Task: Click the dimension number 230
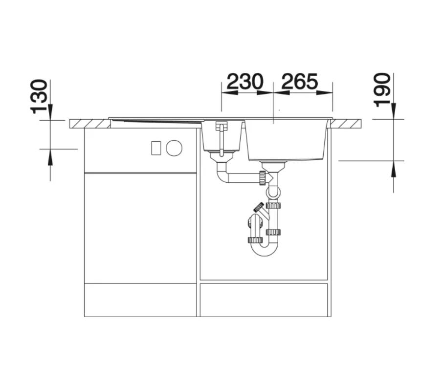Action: (x=245, y=82)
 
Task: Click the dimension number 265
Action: (x=300, y=82)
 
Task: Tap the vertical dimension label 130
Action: (x=39, y=97)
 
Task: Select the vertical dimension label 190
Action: (x=382, y=90)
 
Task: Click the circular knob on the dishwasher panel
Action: (x=174, y=148)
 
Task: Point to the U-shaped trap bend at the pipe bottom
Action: (x=264, y=249)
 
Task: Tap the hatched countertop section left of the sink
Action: (x=90, y=124)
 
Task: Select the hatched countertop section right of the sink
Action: (x=346, y=124)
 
